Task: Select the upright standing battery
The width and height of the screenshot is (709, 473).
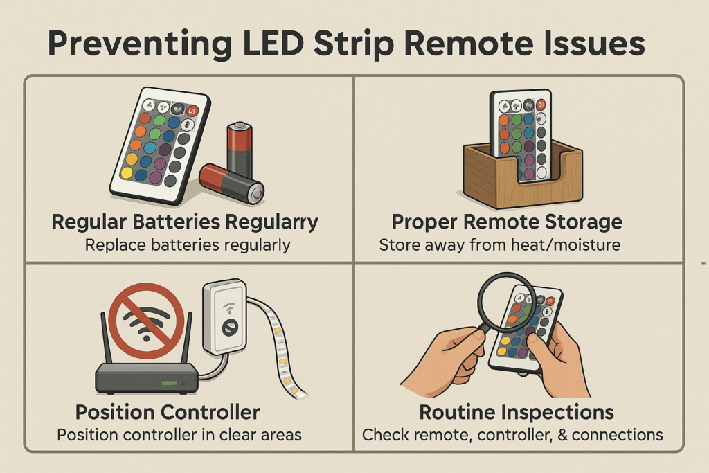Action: [x=239, y=150]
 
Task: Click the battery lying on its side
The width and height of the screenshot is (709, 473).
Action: [x=231, y=183]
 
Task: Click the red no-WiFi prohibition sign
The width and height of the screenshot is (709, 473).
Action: [x=146, y=321]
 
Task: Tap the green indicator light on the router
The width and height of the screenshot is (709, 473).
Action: [x=169, y=383]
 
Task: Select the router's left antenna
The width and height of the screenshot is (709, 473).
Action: [x=106, y=337]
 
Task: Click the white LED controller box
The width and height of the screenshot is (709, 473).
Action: [x=225, y=316]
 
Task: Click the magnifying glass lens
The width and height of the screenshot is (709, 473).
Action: [x=508, y=302]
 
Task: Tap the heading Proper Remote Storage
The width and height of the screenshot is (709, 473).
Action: [x=507, y=222]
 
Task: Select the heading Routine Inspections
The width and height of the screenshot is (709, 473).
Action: [x=517, y=412]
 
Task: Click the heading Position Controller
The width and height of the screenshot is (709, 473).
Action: [x=168, y=412]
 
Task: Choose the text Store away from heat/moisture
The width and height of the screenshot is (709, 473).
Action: [x=500, y=245]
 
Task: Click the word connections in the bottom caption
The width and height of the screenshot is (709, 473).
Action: [x=617, y=435]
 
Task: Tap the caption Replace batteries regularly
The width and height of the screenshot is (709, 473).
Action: [x=188, y=246]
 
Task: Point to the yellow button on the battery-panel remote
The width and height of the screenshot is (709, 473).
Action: [x=127, y=172]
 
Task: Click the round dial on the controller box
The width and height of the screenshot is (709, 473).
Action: [x=230, y=326]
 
